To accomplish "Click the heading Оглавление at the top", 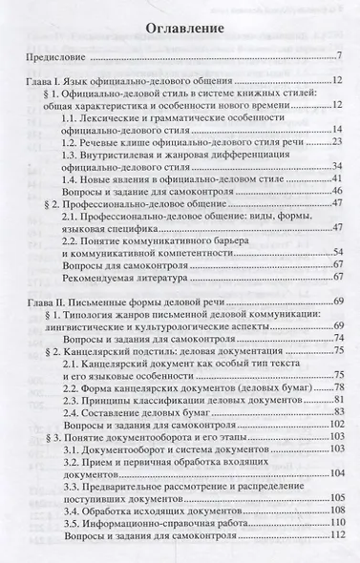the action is point(180,29).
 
